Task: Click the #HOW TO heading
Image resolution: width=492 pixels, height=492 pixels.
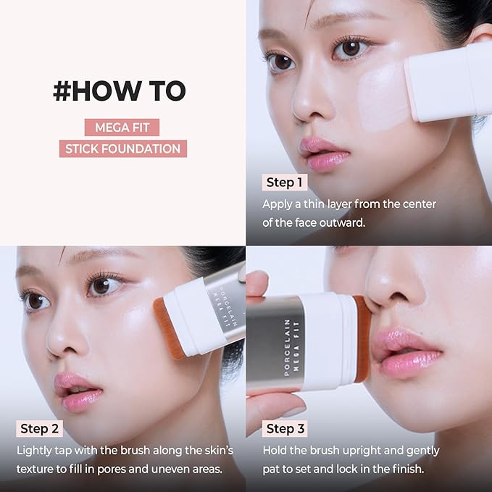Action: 120,91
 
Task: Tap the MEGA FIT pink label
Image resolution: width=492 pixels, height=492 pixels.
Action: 121,128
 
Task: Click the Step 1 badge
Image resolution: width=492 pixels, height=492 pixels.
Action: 285,182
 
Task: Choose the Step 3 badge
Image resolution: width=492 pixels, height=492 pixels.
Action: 285,428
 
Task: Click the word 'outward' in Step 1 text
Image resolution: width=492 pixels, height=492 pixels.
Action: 340,222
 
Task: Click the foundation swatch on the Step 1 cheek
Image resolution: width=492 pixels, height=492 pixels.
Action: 385,99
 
